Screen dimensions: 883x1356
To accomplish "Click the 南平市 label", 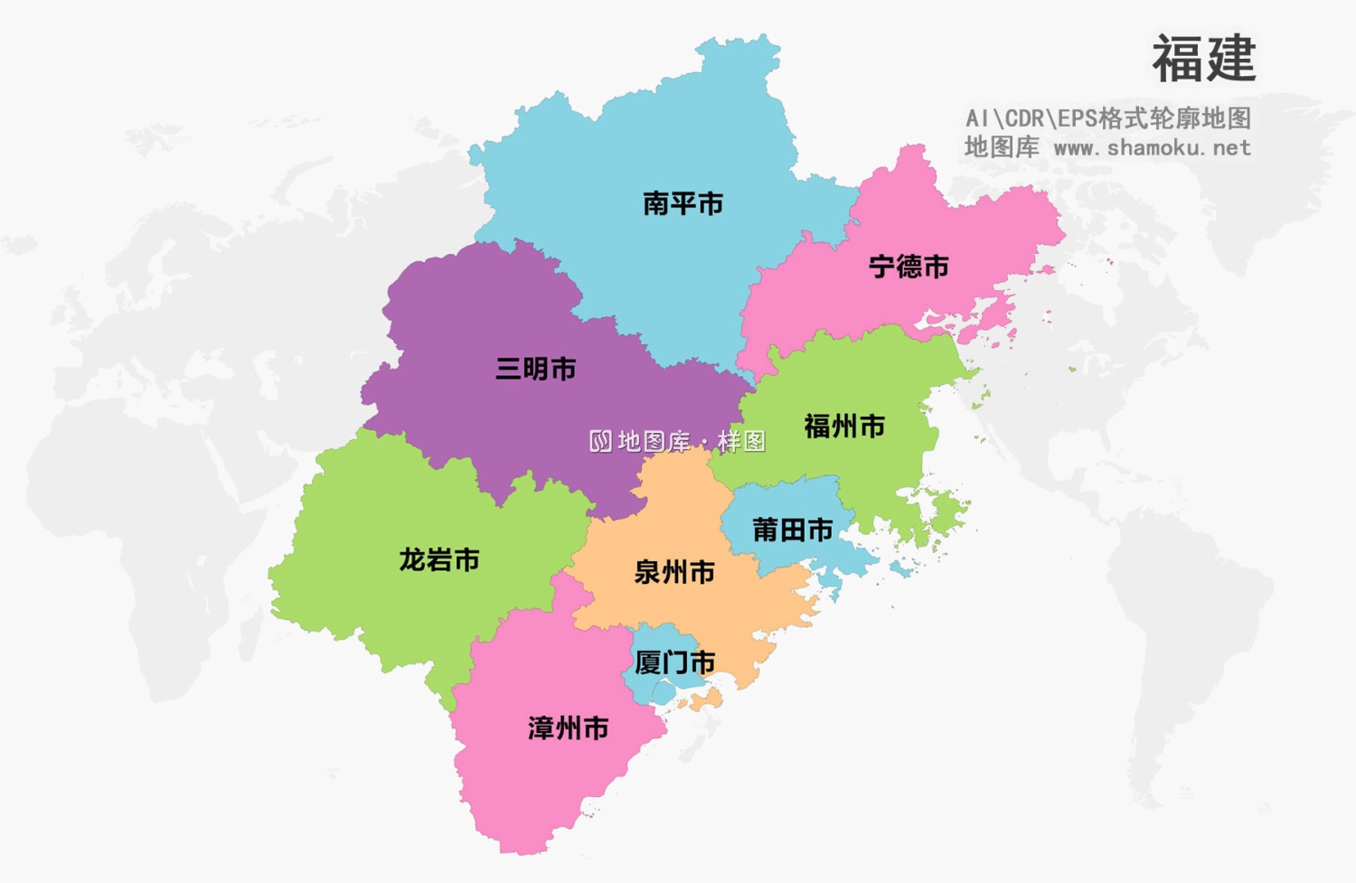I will click(x=683, y=204).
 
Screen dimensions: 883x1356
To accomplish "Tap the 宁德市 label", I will click(x=909, y=267).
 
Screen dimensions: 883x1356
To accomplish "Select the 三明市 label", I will click(x=535, y=369).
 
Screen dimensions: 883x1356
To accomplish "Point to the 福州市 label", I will click(x=844, y=427).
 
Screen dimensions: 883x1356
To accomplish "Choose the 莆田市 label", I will click(x=792, y=530).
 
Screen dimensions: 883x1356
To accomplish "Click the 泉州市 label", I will click(x=674, y=572).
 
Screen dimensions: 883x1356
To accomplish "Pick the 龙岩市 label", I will click(x=439, y=560).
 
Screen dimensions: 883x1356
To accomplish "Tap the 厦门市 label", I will click(x=674, y=662).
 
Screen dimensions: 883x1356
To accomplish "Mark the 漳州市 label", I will click(x=568, y=728).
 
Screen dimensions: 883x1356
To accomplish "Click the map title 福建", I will click(x=1203, y=60).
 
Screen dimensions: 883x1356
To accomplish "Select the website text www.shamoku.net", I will click(x=1153, y=147).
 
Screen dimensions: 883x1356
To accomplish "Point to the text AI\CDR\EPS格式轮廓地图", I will click(x=1107, y=118).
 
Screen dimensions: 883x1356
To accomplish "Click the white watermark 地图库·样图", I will click(x=692, y=441).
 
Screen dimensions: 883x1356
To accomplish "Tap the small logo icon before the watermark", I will click(x=600, y=441).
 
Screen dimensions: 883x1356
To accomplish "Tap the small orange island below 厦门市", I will click(x=705, y=700).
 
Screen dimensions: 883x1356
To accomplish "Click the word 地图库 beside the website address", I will click(x=1001, y=147).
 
